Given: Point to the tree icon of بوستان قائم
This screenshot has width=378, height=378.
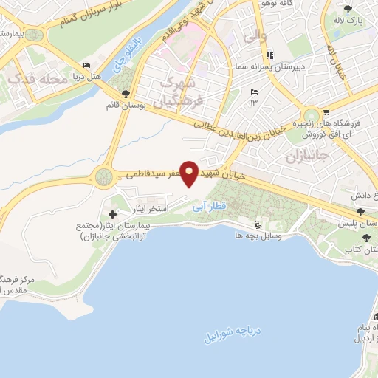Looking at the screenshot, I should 126,94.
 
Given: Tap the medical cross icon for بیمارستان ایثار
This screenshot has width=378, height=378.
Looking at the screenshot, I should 112,214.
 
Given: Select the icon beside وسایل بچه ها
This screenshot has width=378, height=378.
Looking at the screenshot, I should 257,224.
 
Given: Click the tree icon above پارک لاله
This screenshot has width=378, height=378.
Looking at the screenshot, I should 348,9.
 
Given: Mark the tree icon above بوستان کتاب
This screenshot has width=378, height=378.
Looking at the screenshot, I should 367,238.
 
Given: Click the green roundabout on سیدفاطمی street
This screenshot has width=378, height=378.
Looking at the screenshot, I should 103,176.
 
